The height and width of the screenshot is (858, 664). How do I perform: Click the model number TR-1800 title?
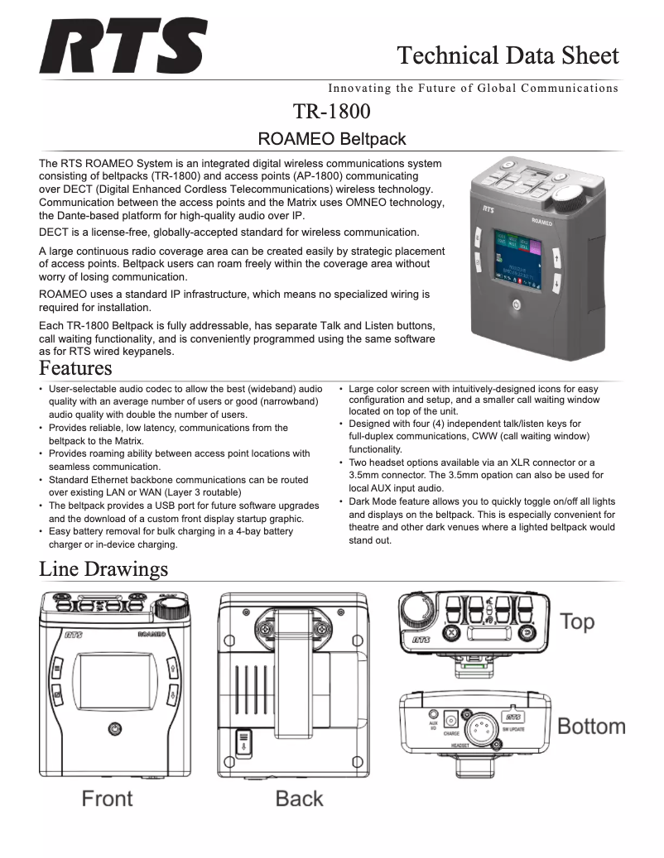[331, 111]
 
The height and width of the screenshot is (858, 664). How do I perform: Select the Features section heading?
[75, 367]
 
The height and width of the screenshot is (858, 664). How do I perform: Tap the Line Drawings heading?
[103, 569]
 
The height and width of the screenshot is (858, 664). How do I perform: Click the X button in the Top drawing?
[451, 633]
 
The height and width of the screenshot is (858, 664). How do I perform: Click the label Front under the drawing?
[107, 798]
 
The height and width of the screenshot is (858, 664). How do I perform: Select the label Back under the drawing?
[299, 798]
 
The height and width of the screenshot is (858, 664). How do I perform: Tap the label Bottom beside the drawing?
[591, 726]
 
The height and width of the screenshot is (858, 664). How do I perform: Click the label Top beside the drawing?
[577, 621]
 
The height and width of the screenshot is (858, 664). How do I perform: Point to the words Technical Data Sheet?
[508, 55]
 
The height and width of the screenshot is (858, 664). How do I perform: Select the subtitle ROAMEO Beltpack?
[331, 139]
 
